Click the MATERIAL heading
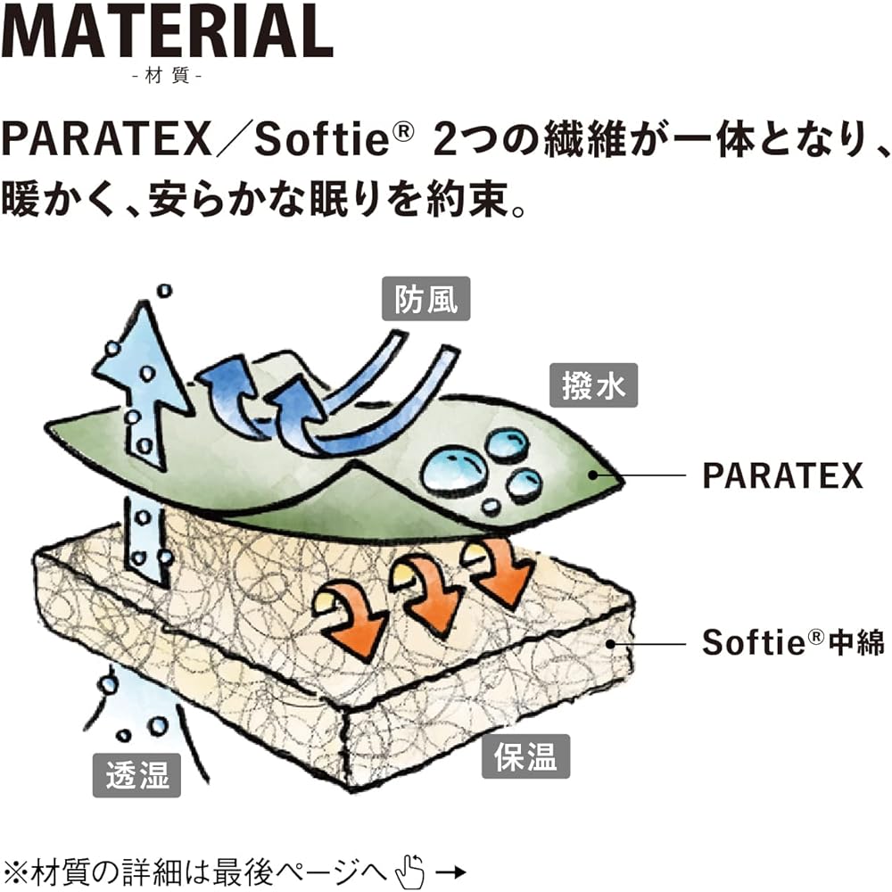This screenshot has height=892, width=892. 167,31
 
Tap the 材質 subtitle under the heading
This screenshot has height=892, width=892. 168,76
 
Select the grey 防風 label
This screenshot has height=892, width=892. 426,299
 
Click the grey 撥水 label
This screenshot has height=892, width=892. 593,385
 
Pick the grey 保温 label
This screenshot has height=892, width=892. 525,756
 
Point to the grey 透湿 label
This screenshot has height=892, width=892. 136,775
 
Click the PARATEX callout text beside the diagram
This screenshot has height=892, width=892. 783,475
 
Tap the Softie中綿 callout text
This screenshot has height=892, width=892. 793,642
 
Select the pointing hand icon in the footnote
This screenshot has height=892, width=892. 409,871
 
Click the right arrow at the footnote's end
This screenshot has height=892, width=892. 452,871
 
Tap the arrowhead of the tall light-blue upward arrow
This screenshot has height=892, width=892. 141,352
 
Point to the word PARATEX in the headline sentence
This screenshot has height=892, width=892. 106,140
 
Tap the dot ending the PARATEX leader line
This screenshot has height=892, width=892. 592,475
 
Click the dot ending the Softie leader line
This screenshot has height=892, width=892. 610,644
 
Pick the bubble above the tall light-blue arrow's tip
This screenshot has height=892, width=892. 164,291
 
